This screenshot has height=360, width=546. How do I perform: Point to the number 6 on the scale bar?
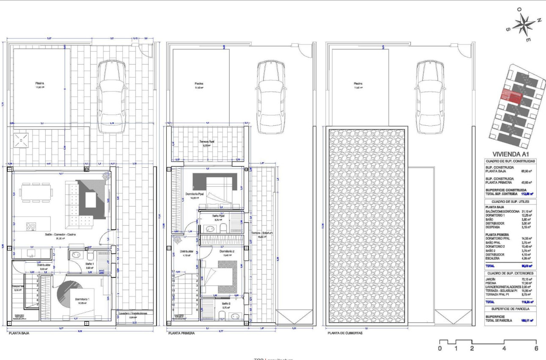[537, 349]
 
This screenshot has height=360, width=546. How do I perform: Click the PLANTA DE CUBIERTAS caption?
[345, 333]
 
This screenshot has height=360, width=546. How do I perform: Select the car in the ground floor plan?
[111, 97]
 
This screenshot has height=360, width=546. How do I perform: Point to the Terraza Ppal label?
[207, 142]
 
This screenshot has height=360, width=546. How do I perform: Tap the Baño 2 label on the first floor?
[226, 304]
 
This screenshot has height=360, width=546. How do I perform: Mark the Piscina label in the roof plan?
[358, 83]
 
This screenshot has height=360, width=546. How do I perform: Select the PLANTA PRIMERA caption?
[182, 333]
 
